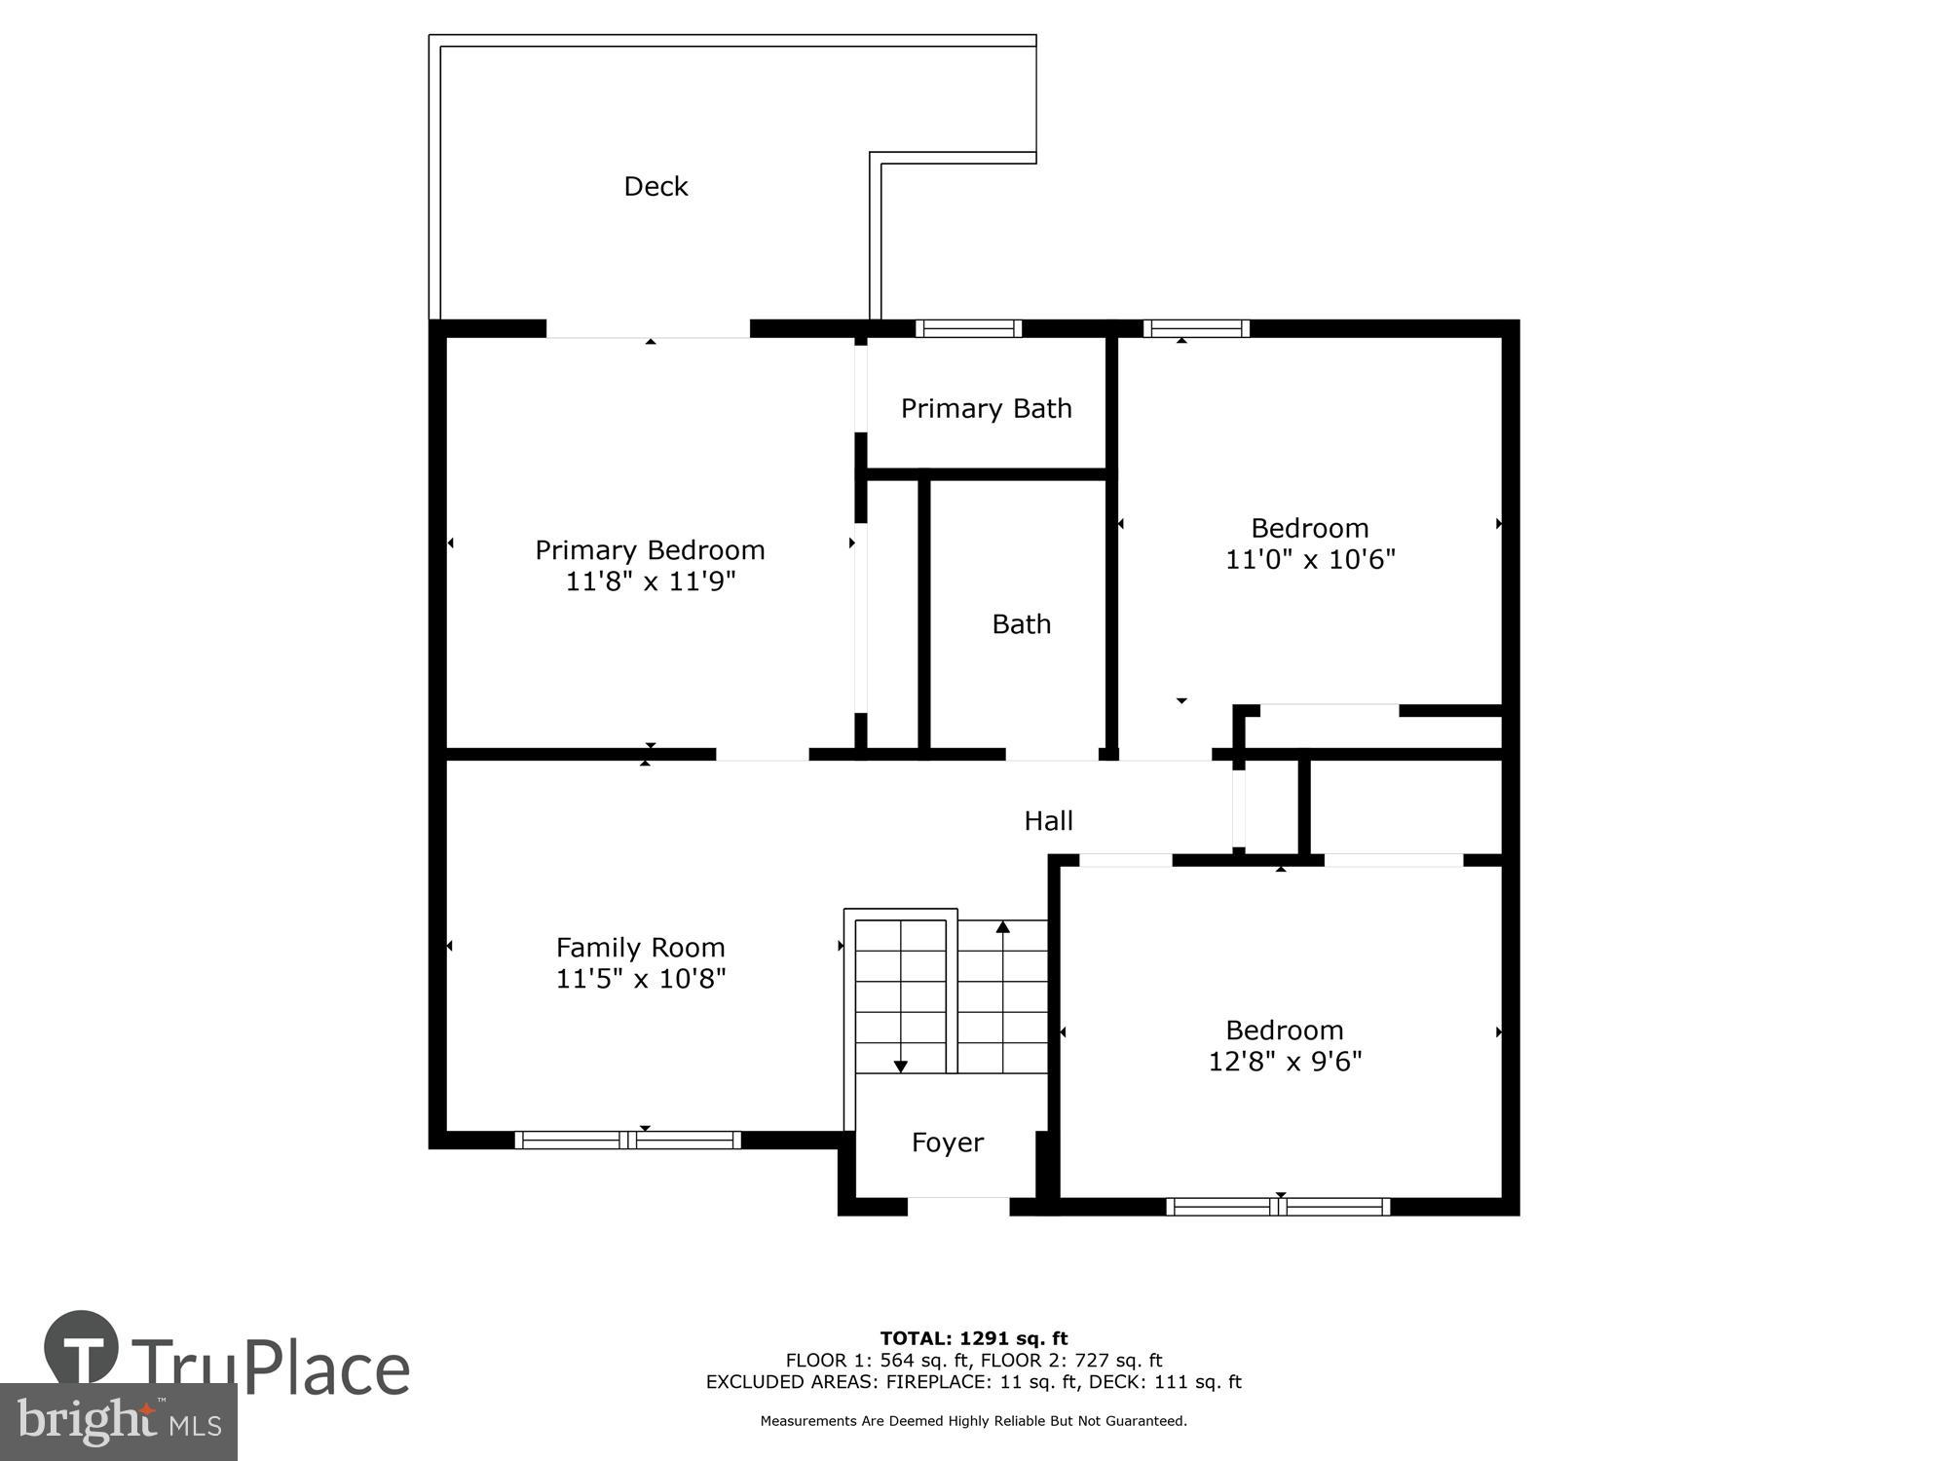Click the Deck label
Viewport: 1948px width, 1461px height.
click(x=656, y=186)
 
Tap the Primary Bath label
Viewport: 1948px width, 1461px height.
click(x=986, y=408)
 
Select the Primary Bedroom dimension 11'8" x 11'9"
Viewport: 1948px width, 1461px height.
click(x=650, y=581)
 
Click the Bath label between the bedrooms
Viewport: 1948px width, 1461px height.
click(x=1021, y=623)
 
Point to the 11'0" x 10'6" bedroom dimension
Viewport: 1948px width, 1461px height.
click(x=1309, y=559)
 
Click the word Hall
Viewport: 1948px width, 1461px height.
click(x=1048, y=821)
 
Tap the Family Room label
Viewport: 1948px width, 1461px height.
click(x=640, y=947)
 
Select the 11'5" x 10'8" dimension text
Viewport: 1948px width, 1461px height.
click(x=640, y=978)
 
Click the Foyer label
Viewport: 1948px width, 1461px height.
click(x=947, y=1142)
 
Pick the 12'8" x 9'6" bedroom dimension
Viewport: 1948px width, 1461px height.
click(x=1284, y=1061)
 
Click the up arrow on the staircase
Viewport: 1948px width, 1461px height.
click(x=1002, y=927)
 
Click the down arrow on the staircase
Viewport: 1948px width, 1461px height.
click(x=900, y=1066)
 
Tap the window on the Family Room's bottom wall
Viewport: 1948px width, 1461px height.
click(x=627, y=1140)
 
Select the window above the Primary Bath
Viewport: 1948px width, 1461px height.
click(x=968, y=328)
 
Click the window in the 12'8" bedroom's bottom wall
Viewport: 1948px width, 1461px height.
click(x=1278, y=1207)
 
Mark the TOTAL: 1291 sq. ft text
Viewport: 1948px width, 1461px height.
click(x=973, y=1338)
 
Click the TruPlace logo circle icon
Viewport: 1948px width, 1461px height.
click(x=82, y=1348)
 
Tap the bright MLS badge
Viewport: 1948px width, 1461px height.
click(x=118, y=1422)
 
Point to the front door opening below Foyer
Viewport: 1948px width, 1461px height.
click(x=957, y=1207)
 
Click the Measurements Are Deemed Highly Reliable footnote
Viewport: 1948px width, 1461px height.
click(x=973, y=1421)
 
